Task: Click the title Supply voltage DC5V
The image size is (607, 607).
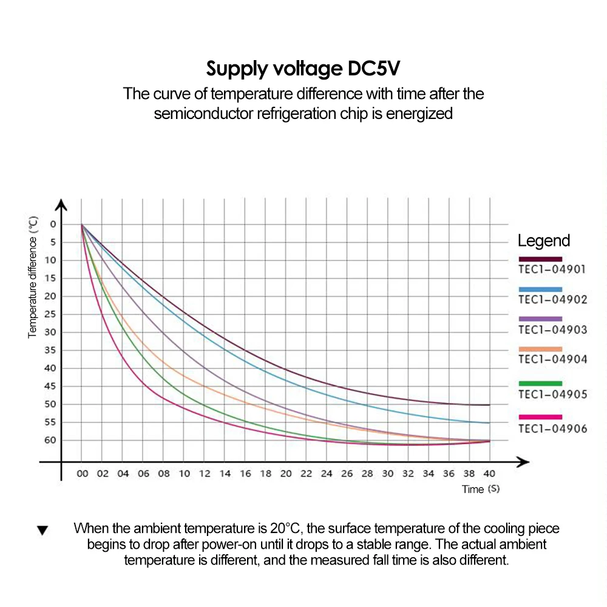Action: pyautogui.click(x=303, y=68)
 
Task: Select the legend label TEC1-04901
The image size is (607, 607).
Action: pyautogui.click(x=552, y=269)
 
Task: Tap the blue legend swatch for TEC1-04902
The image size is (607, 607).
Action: pyautogui.click(x=540, y=289)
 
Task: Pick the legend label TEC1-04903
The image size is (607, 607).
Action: pyautogui.click(x=552, y=330)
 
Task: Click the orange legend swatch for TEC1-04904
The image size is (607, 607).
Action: pyautogui.click(x=540, y=349)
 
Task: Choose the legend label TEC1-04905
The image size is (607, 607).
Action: pyautogui.click(x=552, y=395)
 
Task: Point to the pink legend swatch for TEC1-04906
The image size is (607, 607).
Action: pyautogui.click(x=540, y=416)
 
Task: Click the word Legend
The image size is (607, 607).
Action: pyautogui.click(x=543, y=240)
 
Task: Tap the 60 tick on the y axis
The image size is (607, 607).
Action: pyautogui.click(x=50, y=440)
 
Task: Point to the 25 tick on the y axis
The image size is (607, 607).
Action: pyautogui.click(x=50, y=314)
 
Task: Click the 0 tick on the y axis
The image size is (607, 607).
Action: pyautogui.click(x=52, y=224)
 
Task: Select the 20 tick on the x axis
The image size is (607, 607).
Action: pyautogui.click(x=286, y=473)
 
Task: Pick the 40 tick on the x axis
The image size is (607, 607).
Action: pyautogui.click(x=489, y=473)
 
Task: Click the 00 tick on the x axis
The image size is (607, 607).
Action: pyautogui.click(x=82, y=473)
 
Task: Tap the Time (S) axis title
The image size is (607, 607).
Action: pyautogui.click(x=481, y=489)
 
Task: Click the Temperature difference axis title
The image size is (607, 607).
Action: pyautogui.click(x=33, y=277)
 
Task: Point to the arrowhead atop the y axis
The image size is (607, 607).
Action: pyautogui.click(x=61, y=205)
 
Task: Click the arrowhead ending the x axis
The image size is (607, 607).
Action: pyautogui.click(x=523, y=462)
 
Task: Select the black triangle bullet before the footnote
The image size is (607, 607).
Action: pyautogui.click(x=42, y=531)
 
